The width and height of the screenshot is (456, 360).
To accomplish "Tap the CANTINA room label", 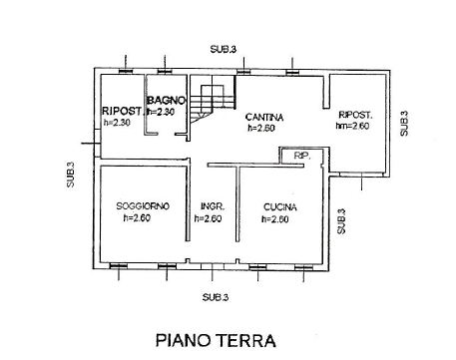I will click(x=264, y=117).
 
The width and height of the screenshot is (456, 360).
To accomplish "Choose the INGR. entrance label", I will click(x=211, y=206).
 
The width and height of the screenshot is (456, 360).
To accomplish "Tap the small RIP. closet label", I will click(x=301, y=157).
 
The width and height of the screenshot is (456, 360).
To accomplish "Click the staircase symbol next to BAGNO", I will click(x=211, y=101).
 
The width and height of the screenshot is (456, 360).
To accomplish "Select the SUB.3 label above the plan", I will click(x=224, y=48).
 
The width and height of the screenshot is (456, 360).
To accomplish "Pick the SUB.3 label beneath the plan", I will click(x=216, y=297).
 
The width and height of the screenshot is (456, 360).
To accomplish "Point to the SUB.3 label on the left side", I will click(x=71, y=175).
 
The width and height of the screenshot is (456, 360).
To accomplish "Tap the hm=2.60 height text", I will click(x=353, y=126).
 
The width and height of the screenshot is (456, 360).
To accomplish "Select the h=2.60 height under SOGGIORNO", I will click(x=138, y=218).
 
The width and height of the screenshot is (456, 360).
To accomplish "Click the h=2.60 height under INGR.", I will click(x=211, y=218).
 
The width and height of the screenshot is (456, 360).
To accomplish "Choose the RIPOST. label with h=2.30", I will click(x=122, y=111).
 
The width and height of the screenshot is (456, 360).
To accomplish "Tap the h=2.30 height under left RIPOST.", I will click(x=117, y=123).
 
